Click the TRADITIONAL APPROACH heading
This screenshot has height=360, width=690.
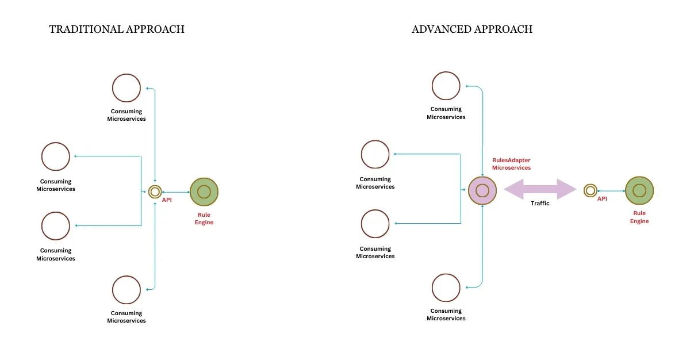tap(117, 29)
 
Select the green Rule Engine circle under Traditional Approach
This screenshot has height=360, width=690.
tap(204, 192)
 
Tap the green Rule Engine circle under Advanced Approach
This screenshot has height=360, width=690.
tap(639, 190)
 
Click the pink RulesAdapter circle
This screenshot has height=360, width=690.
tap(482, 190)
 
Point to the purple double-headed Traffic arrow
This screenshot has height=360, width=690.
tap(540, 189)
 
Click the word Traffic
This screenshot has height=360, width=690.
tap(540, 204)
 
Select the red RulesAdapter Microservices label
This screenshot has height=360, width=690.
tap(511, 164)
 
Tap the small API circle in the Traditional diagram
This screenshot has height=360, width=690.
tap(154, 192)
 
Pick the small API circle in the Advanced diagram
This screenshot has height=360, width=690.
tap(590, 190)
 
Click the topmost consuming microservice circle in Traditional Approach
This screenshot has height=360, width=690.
tap(126, 88)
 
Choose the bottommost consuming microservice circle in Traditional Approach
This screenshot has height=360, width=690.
tap(126, 290)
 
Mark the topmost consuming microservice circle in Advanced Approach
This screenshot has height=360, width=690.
tap(446, 86)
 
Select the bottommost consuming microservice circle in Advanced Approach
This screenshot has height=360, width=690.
tap(446, 288)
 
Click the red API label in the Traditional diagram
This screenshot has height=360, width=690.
tap(167, 200)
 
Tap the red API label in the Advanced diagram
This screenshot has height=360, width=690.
tap(602, 198)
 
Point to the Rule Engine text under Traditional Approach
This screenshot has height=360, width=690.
tap(204, 219)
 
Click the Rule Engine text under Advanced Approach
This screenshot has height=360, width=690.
tap(639, 217)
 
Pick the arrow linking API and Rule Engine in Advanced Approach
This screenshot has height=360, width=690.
tap(611, 190)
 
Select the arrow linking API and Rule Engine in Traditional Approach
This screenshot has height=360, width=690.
tap(176, 192)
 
